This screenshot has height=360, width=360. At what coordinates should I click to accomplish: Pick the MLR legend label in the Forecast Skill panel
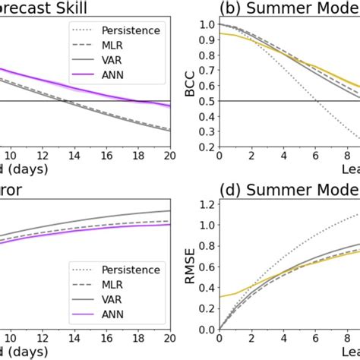coord(118,46)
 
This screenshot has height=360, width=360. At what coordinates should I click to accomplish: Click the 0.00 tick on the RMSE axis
coord(202,329)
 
